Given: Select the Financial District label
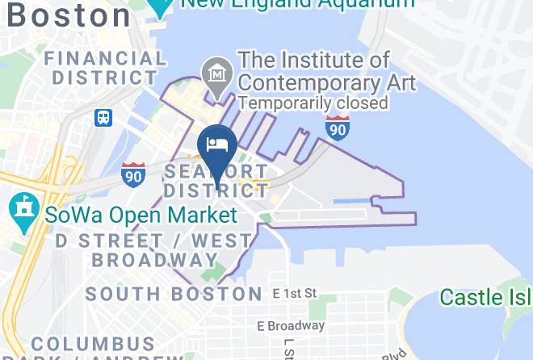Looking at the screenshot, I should click(x=105, y=68).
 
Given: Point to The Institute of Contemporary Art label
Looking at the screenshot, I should click(x=325, y=71).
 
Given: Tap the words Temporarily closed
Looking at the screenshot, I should click(x=313, y=103).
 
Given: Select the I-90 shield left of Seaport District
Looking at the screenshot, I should click(x=133, y=174).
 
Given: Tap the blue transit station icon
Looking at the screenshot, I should click(x=103, y=118).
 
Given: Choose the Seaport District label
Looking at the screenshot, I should click(x=216, y=181).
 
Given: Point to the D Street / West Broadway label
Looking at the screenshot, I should click(x=153, y=250).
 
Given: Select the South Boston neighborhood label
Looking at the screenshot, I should click(x=174, y=293).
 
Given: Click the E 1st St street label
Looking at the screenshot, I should click(x=294, y=292).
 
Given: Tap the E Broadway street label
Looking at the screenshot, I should click(x=291, y=326).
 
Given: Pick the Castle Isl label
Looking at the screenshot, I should click(x=485, y=297).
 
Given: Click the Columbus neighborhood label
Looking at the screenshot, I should click(x=93, y=345).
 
